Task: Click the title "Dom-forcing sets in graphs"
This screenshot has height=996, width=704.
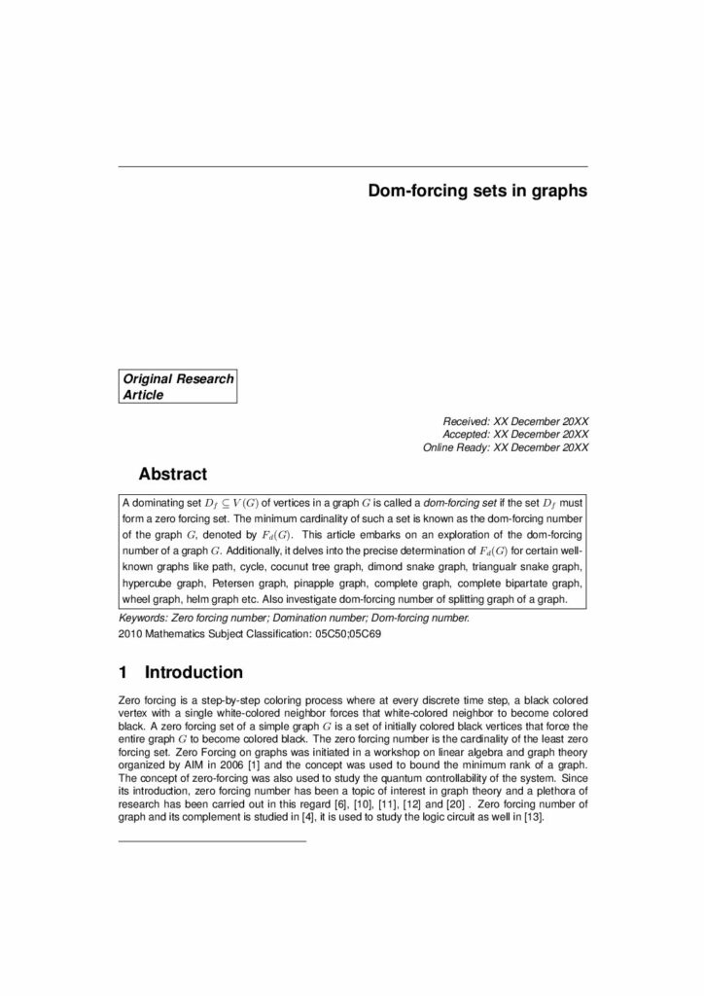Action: (x=476, y=192)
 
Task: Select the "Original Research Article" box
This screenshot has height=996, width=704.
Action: (x=178, y=386)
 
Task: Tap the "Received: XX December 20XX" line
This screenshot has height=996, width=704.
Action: (x=515, y=420)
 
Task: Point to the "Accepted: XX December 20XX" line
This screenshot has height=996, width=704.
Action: (x=515, y=434)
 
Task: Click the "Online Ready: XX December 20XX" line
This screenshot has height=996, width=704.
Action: (x=506, y=447)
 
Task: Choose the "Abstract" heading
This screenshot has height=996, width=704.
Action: (x=173, y=475)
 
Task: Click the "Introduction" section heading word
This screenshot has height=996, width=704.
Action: (x=194, y=672)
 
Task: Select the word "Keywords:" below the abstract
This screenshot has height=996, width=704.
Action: (x=142, y=618)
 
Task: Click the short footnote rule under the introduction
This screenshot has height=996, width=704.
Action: (x=211, y=840)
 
